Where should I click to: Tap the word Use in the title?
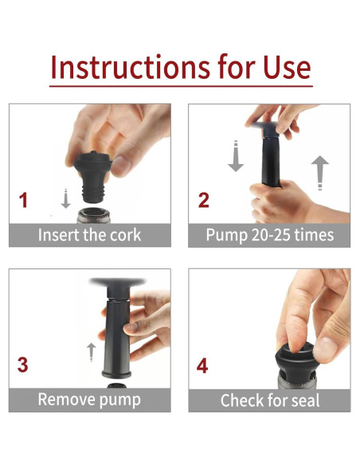coord(287,67)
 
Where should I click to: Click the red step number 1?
coord(23,200)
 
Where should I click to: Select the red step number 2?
coord(203,200)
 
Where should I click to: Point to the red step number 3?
coord(23,365)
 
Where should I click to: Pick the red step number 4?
coord(202,365)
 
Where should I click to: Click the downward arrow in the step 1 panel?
coord(65,198)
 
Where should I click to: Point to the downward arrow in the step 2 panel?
coord(236,156)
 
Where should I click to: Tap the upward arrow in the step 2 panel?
coord(319,173)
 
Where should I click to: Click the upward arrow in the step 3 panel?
coord(92,352)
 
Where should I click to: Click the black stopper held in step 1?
coord(92,177)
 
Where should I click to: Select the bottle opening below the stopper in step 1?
coord(94,215)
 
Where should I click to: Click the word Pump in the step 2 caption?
coord(226,236)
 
